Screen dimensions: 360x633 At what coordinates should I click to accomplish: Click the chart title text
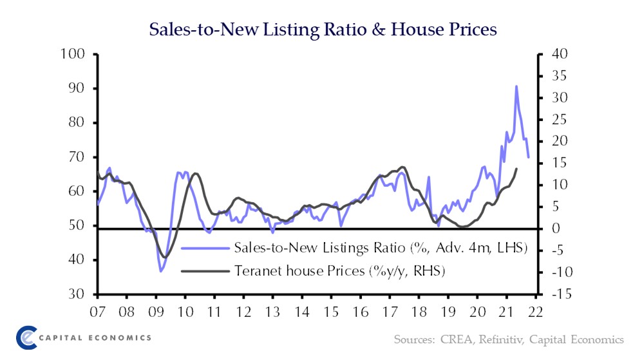323,29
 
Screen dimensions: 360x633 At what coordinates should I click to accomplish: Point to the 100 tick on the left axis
73,54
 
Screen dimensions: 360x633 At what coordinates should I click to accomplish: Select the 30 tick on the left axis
76,294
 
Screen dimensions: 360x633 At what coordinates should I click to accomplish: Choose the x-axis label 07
97,312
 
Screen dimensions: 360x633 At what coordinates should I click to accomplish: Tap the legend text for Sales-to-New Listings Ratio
381,248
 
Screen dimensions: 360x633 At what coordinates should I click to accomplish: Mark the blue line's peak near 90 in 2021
516,86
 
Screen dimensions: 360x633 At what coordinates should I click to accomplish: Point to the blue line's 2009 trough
161,271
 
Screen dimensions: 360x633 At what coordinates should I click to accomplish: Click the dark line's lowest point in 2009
165,258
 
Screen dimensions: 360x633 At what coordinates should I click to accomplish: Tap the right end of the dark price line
516,169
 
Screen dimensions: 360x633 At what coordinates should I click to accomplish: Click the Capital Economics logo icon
28,337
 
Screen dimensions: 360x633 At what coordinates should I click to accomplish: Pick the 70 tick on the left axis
76,157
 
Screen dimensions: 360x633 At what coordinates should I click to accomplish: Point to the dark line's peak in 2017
402,167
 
